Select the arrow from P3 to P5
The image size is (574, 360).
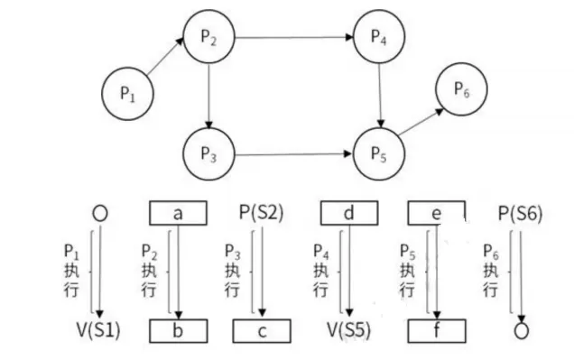[293, 154]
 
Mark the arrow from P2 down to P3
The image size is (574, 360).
[208, 96]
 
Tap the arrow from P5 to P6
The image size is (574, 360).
[421, 122]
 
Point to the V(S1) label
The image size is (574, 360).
[98, 330]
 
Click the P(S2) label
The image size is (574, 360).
[262, 213]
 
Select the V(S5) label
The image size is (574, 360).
[349, 330]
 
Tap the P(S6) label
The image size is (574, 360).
[520, 213]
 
